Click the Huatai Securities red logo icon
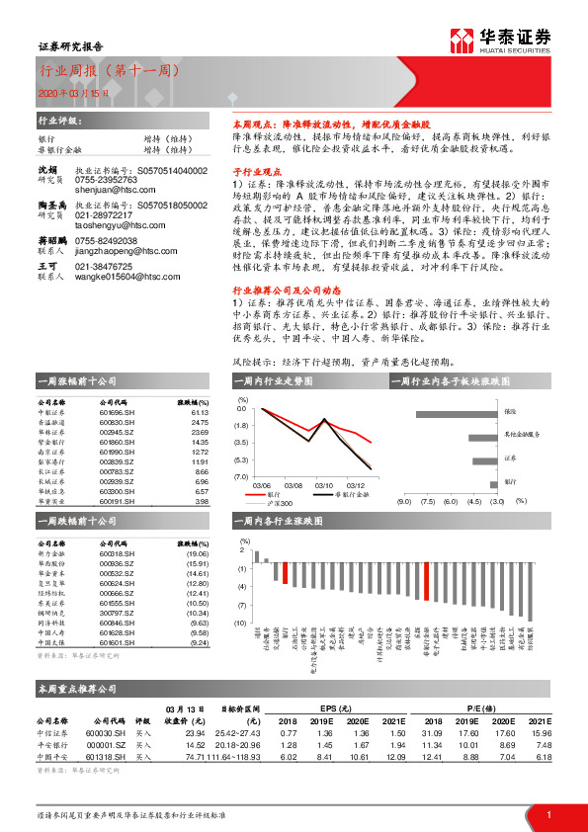461,41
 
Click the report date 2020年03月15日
66,94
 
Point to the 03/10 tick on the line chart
324,485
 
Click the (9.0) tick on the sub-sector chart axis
403,501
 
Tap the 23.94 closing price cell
194,733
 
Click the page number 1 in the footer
548,813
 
